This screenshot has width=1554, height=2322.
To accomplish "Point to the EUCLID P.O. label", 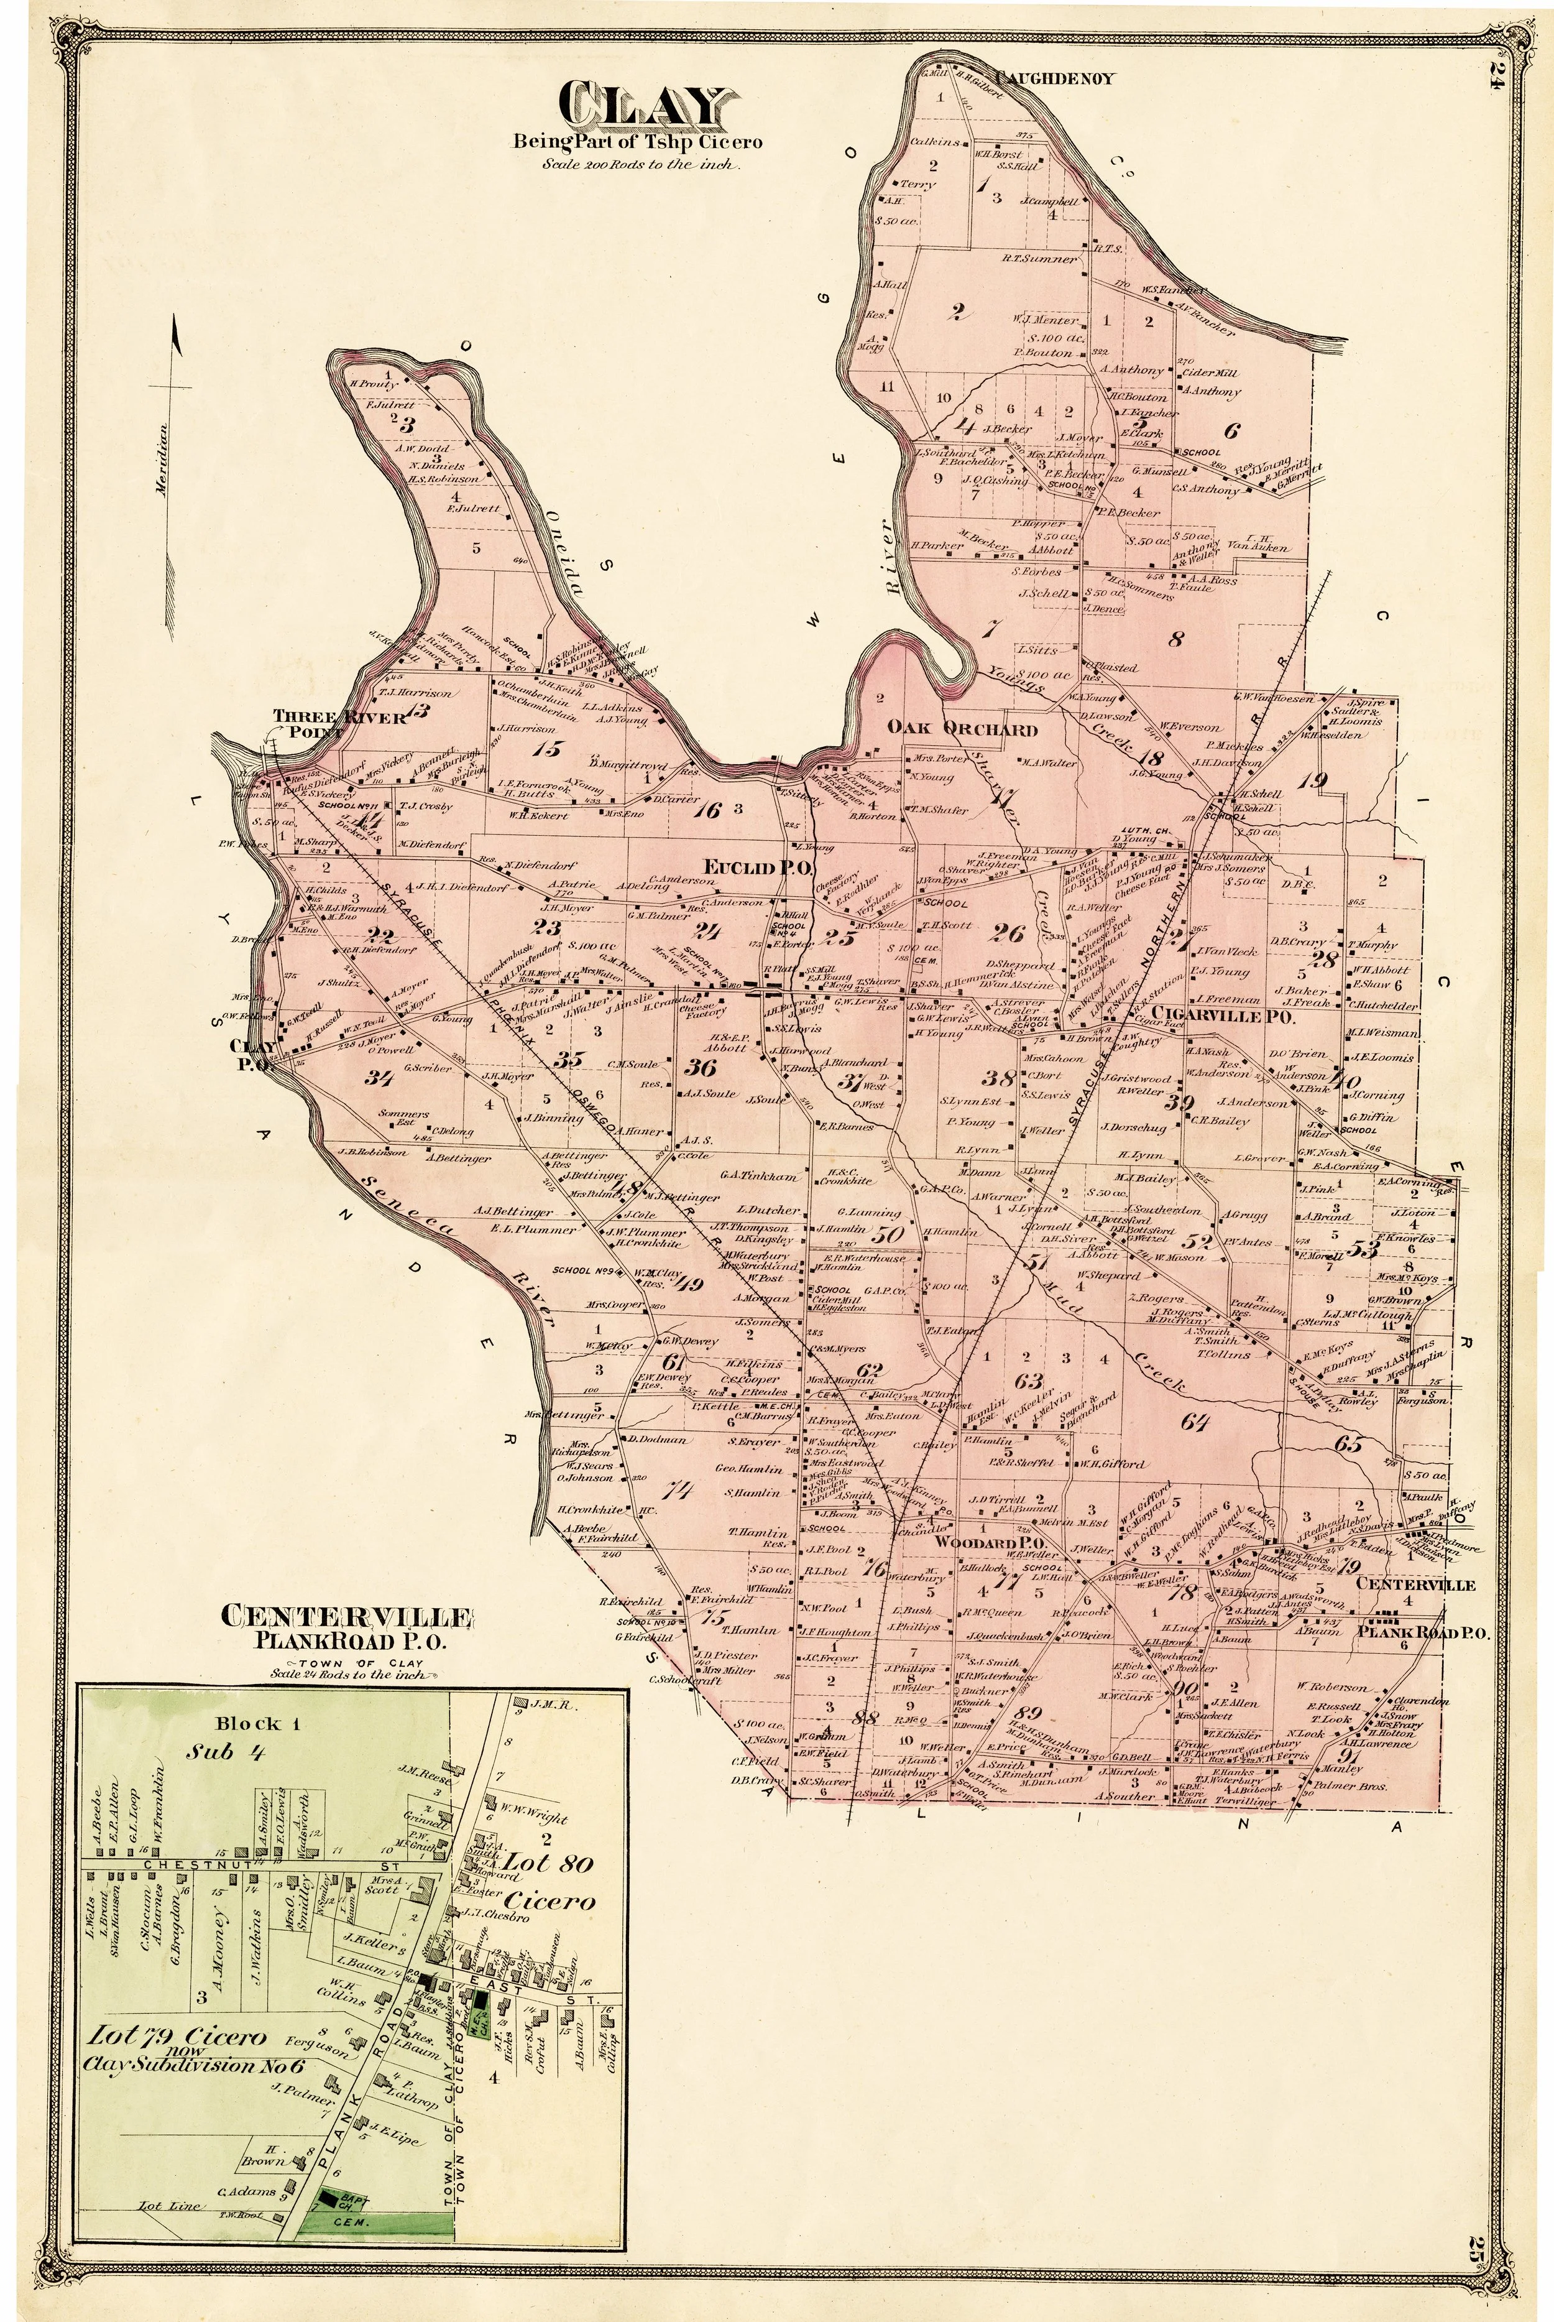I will pos(758,869).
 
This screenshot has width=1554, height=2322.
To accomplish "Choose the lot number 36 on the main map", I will pos(701,1068).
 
